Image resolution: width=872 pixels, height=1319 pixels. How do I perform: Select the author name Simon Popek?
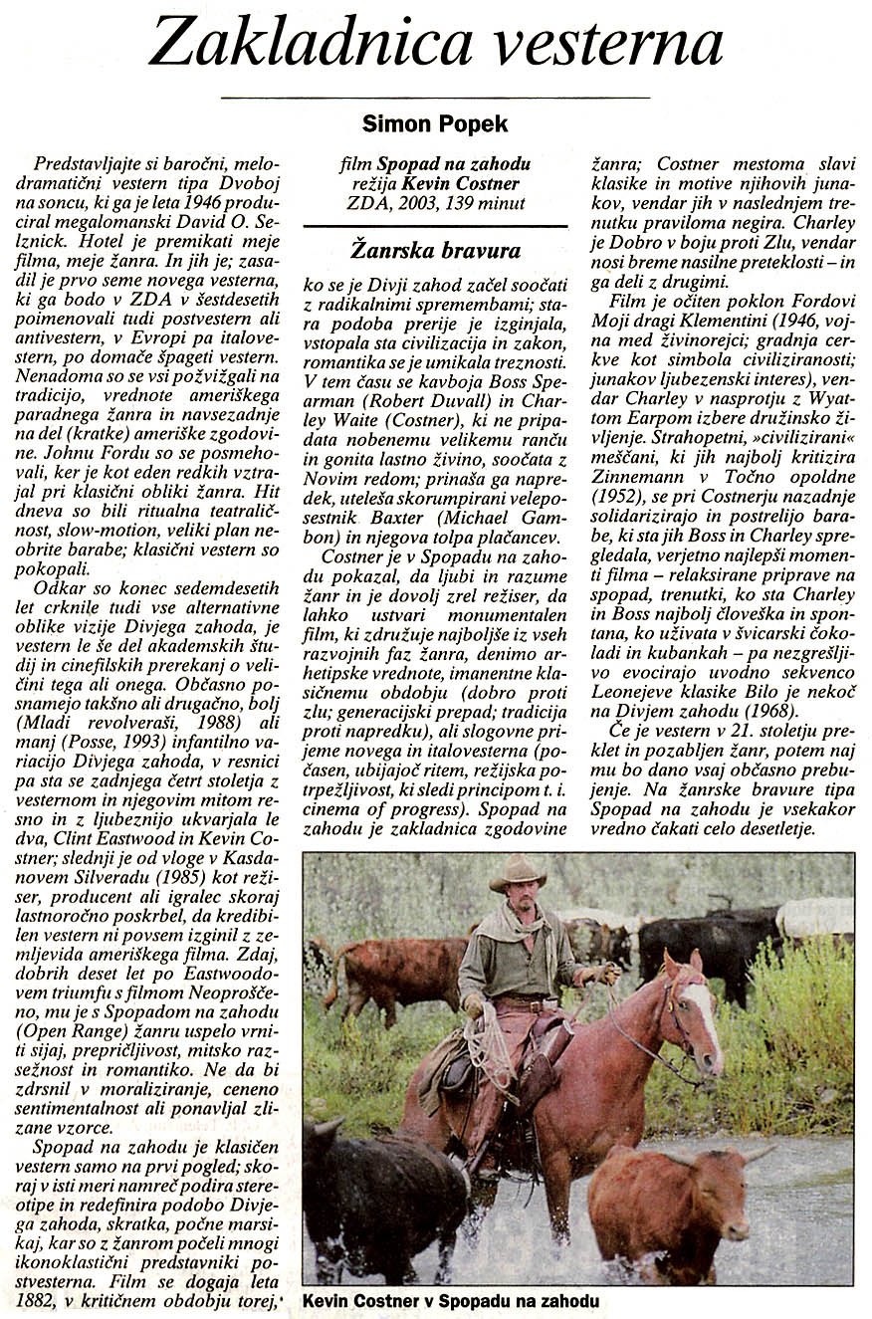(435, 124)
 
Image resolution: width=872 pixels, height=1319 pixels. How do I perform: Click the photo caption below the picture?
(450, 1301)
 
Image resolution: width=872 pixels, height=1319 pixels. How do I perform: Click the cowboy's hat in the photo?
(517, 873)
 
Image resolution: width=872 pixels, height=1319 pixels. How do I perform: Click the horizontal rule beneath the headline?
(435, 98)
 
